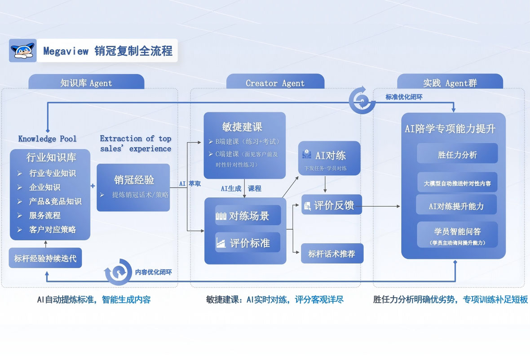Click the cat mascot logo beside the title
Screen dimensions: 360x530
[x=23, y=50]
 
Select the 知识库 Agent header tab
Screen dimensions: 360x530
[x=86, y=83]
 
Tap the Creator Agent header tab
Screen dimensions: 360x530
[x=275, y=83]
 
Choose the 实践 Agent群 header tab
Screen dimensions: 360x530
[x=450, y=83]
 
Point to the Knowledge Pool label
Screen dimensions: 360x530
[x=47, y=138]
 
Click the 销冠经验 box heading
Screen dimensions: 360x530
[x=134, y=180]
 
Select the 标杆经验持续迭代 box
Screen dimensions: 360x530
[x=45, y=258]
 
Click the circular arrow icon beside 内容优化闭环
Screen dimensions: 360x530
[x=118, y=272]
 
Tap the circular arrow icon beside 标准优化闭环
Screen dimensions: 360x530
[x=362, y=100]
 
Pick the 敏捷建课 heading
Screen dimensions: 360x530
[x=242, y=127]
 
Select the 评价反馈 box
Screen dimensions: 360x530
[x=331, y=205]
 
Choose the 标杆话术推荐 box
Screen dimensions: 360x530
[x=331, y=254]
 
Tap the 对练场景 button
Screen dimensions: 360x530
[x=248, y=216]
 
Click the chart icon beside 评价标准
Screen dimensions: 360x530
[x=221, y=243]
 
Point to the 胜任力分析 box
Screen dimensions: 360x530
[x=457, y=155]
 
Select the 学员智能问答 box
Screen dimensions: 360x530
[x=457, y=234]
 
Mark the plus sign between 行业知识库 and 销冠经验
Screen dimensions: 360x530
[x=93, y=186]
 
